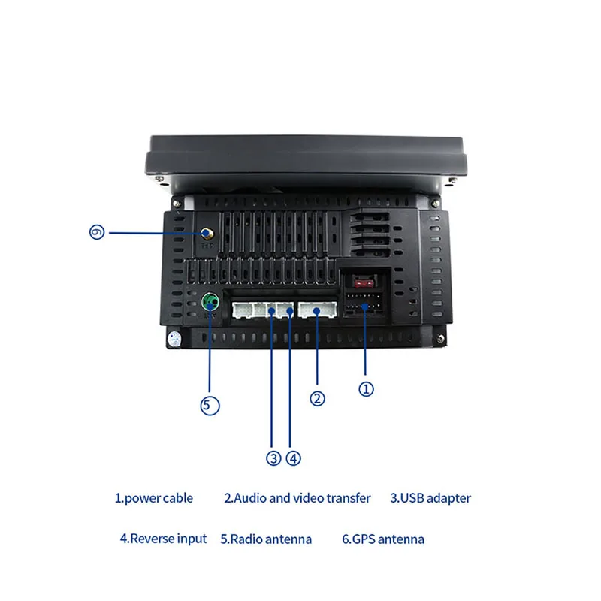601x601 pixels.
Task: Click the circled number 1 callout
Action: [366, 389]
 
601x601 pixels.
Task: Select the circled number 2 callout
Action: [318, 399]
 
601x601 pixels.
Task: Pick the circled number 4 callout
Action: [293, 458]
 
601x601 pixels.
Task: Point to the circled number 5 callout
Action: [210, 406]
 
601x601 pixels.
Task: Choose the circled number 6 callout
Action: [96, 233]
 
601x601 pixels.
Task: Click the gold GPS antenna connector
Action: [206, 234]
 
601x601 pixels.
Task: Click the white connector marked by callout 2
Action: [318, 310]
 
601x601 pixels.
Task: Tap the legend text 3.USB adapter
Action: [430, 498]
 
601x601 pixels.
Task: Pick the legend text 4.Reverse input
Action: [163, 539]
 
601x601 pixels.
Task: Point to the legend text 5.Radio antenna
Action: [266, 539]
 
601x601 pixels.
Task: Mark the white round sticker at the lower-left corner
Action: [174, 339]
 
